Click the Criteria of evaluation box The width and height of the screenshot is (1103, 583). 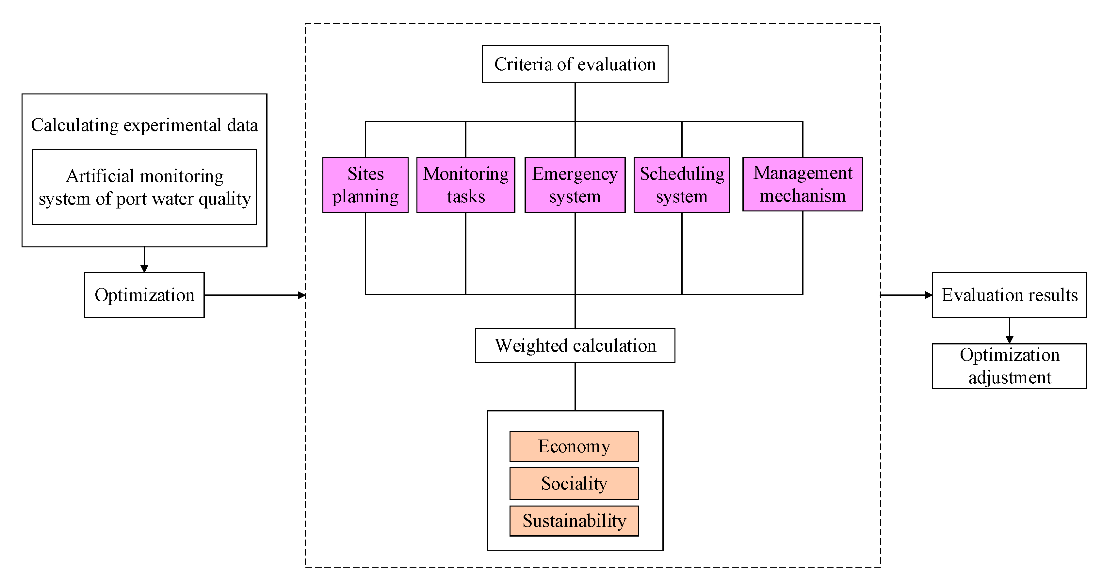[575, 64]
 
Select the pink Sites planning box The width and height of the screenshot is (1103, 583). [365, 185]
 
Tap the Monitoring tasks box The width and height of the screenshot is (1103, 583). [465, 185]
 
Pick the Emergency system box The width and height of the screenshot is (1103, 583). [575, 185]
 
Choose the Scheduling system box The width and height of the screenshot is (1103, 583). [682, 185]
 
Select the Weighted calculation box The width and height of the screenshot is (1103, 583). [575, 345]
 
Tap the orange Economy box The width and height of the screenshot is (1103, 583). [574, 446]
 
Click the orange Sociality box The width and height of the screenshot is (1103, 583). [574, 483]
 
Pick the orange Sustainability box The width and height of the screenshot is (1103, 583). [574, 521]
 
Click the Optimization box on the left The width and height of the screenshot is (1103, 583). [144, 295]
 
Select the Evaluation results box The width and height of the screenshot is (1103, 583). [1009, 295]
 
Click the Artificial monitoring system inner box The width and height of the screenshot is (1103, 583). [144, 187]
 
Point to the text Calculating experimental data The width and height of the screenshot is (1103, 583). [144, 125]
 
